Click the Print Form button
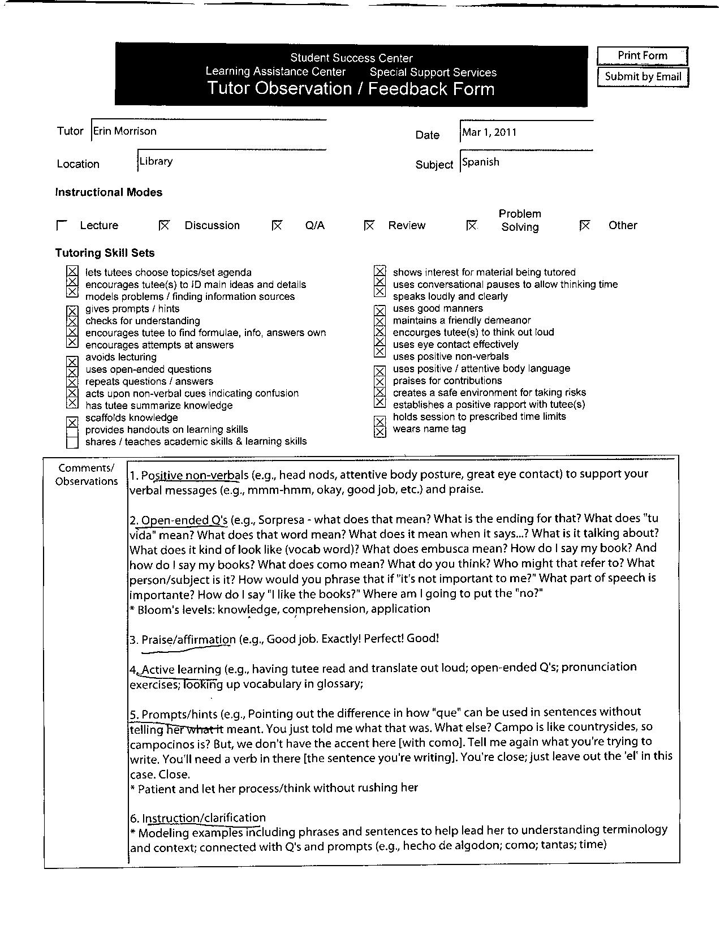pyautogui.click(x=642, y=55)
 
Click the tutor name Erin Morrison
pyautogui.click(x=125, y=131)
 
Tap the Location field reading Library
pyautogui.click(x=156, y=161)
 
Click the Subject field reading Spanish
pyautogui.click(x=481, y=162)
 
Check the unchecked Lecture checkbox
pyautogui.click(x=62, y=225)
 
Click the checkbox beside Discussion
pyautogui.click(x=164, y=225)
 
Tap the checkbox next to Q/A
pyautogui.click(x=277, y=225)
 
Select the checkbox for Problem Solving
pyautogui.click(x=471, y=225)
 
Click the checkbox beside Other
pyautogui.click(x=585, y=225)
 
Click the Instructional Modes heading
pyautogui.click(x=109, y=192)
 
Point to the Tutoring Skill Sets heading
pyautogui.click(x=105, y=253)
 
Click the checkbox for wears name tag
pyautogui.click(x=380, y=431)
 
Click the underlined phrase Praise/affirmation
pyautogui.click(x=188, y=639)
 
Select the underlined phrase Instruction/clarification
pyautogui.click(x=204, y=818)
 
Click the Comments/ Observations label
pyautogui.click(x=86, y=475)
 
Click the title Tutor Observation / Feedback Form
pyautogui.click(x=351, y=89)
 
